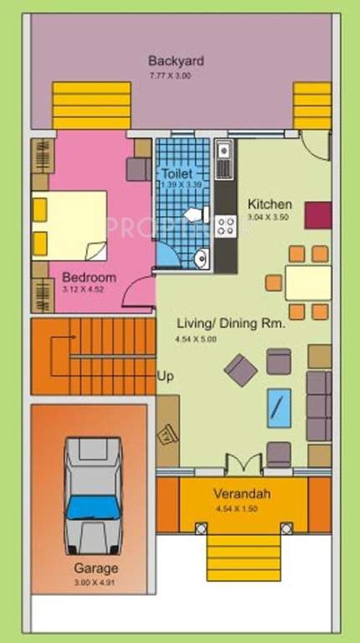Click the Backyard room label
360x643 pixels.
pyautogui.click(x=176, y=61)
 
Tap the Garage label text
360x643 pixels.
pyautogui.click(x=90, y=567)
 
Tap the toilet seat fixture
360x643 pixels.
pyautogui.click(x=190, y=213)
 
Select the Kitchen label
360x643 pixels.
pyautogui.click(x=270, y=204)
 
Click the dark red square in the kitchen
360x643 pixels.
pyautogui.click(x=317, y=215)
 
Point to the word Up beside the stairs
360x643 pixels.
pyautogui.click(x=166, y=377)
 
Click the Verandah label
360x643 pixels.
pyautogui.click(x=241, y=494)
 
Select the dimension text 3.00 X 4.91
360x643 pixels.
pyautogui.click(x=90, y=580)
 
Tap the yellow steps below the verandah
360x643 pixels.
pyautogui.click(x=242, y=556)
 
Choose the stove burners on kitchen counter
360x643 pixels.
pyautogui.click(x=224, y=225)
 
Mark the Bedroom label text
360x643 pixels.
pyautogui.click(x=89, y=277)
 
